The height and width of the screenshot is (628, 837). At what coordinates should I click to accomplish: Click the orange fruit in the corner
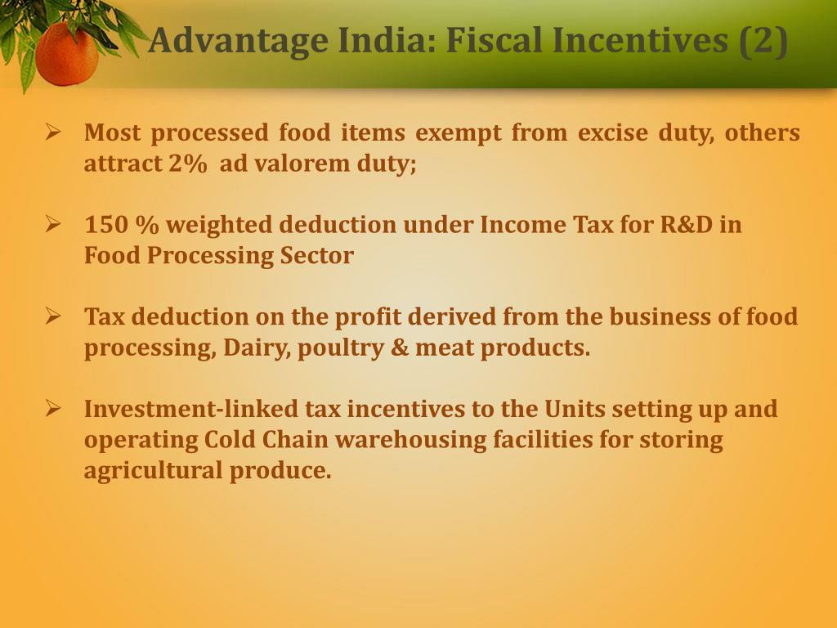coord(66,54)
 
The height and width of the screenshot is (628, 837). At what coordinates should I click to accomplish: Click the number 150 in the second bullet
coord(102,225)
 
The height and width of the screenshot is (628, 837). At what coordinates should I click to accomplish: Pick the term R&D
coord(686,225)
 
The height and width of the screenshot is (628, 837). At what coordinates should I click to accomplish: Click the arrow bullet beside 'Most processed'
coord(54,131)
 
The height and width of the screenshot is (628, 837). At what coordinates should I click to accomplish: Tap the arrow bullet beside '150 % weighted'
coord(54,223)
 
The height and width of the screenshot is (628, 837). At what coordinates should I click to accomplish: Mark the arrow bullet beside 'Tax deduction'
coord(54,315)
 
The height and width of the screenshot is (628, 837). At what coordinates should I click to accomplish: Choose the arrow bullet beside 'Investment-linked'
coord(54,407)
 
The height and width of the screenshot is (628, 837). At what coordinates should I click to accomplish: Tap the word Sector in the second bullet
coord(317,256)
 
